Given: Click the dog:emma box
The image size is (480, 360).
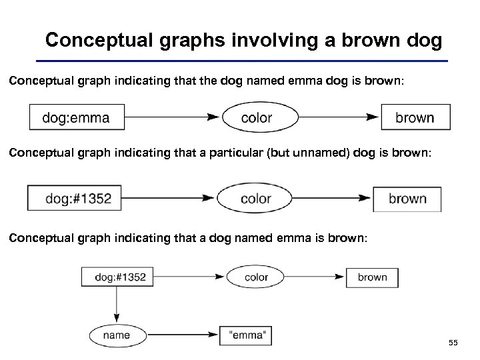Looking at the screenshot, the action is coord(77,118).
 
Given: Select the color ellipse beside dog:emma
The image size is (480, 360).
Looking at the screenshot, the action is coord(256,118).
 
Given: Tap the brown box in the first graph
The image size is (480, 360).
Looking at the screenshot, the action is coord(415,118).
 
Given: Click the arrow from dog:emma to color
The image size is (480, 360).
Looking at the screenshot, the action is coord(173,118).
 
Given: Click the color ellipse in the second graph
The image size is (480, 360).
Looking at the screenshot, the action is coord(256,199).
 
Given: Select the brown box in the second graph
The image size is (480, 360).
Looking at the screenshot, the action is coord(408,199).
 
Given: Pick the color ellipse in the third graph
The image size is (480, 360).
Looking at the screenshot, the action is coord(257,277).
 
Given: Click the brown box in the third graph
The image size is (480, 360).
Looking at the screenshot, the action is coord(372,277).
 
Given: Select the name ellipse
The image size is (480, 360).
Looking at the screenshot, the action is coord(117,336).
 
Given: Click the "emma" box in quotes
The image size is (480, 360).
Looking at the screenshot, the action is coord(245,336).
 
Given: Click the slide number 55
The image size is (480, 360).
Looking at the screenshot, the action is coord(453,343).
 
